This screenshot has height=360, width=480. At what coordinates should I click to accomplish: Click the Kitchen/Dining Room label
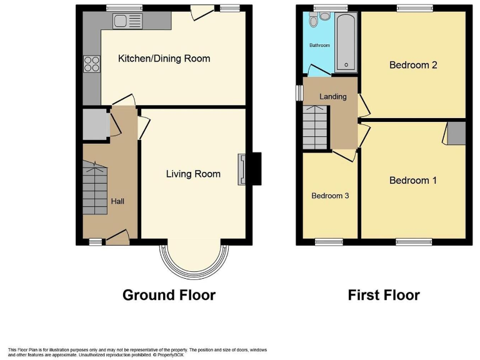[x=164, y=59]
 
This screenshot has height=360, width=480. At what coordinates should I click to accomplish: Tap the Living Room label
[x=192, y=174]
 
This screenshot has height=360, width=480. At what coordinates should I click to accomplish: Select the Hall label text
[x=117, y=201]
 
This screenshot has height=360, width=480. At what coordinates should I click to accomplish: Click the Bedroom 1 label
[x=412, y=180]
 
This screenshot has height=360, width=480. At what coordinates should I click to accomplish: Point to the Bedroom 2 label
[x=412, y=65]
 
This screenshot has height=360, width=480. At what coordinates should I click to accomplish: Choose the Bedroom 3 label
[x=330, y=196]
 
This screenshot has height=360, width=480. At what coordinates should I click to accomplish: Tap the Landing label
[x=332, y=97]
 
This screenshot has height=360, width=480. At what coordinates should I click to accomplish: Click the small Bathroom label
[x=319, y=46]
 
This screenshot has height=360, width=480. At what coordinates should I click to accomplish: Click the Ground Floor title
[x=169, y=295]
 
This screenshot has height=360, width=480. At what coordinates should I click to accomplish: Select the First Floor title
[x=384, y=295]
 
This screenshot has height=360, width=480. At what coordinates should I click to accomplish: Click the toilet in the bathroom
[x=314, y=21]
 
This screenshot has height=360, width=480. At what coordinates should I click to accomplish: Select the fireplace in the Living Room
[x=241, y=169]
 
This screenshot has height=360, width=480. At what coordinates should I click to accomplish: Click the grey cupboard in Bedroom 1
[x=456, y=133]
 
